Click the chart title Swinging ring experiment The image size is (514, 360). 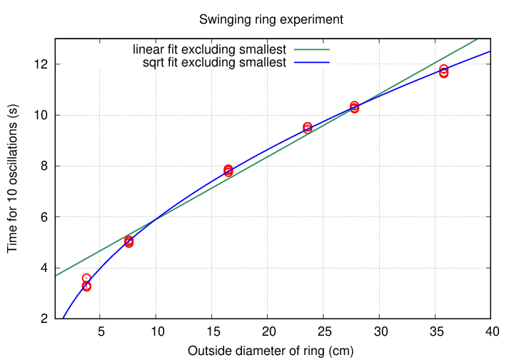271,19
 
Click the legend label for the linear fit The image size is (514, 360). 210,50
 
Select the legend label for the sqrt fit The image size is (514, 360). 215,63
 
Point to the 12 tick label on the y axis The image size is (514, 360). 40,64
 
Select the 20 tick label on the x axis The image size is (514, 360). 267,332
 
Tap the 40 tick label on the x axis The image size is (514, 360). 490,332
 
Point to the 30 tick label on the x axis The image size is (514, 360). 379,332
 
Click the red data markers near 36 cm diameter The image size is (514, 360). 443,71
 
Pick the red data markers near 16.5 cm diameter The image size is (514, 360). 228,171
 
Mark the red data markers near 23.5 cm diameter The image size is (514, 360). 308,128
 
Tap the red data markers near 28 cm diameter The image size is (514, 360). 355,107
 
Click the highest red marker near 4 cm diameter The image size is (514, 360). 86,278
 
